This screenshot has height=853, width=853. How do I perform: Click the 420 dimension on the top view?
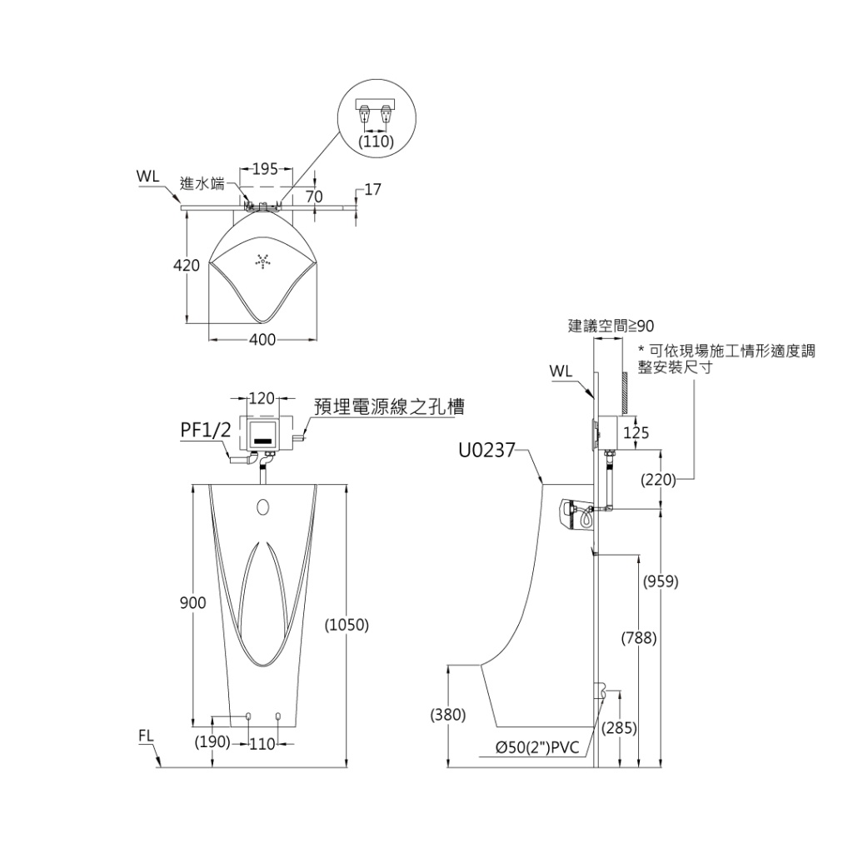(187, 266)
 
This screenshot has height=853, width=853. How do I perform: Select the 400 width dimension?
(262, 340)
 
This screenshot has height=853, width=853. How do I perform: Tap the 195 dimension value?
(264, 169)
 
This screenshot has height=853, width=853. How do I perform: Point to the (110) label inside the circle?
(376, 142)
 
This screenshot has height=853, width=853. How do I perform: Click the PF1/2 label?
(206, 430)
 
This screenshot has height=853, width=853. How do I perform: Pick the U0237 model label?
(487, 451)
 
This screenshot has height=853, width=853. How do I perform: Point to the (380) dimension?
(448, 715)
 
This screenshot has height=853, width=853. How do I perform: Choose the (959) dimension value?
(661, 581)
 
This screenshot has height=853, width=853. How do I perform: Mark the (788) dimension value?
(640, 639)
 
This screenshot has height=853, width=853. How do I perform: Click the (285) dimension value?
(620, 728)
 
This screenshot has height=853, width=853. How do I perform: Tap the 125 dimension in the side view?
(636, 433)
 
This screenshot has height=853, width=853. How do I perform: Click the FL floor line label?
(147, 736)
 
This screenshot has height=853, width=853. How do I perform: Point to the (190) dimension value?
(212, 742)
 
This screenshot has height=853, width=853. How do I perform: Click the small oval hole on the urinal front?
(264, 506)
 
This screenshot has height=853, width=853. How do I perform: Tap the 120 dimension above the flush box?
(262, 398)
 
